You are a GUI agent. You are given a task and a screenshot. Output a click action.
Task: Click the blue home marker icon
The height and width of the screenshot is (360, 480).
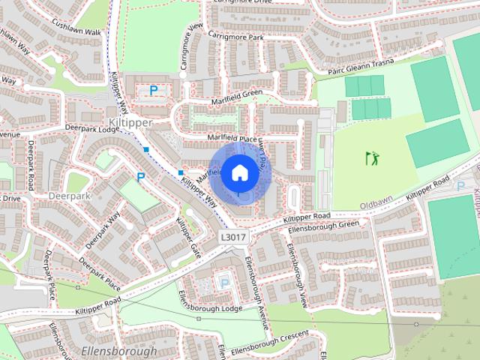239,173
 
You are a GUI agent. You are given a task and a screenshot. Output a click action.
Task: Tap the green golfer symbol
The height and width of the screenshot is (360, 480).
371,158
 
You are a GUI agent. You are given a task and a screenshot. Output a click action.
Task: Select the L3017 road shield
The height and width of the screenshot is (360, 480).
232,236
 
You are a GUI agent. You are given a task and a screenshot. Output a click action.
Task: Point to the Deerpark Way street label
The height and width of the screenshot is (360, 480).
103,230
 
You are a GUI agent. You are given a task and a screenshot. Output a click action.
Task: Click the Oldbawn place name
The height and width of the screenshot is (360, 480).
376,204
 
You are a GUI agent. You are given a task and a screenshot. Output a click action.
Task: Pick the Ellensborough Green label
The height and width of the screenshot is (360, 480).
324,224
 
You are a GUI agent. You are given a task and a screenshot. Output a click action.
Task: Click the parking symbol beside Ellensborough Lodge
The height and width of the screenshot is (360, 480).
223,283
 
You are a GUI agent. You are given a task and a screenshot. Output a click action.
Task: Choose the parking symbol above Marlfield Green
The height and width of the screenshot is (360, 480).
154,90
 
